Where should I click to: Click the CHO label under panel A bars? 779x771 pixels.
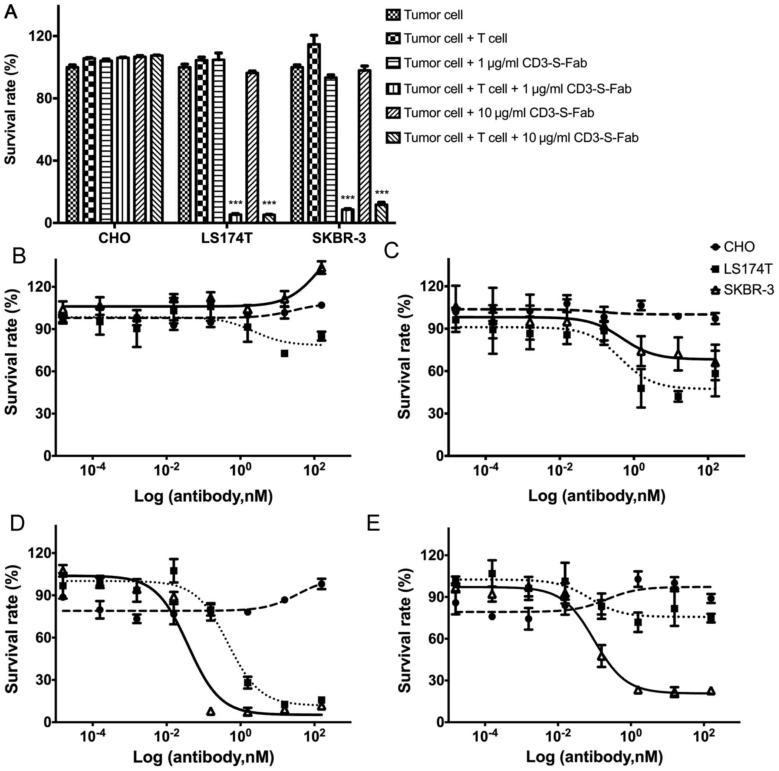(x=115, y=238)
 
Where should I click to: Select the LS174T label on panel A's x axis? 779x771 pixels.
(x=227, y=238)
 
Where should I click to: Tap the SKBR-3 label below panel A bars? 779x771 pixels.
(x=339, y=238)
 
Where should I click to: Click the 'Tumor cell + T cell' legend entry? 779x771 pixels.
(x=455, y=38)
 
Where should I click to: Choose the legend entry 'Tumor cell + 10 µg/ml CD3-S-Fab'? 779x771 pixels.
(x=499, y=113)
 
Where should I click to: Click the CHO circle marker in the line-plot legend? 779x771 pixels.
(x=715, y=247)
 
